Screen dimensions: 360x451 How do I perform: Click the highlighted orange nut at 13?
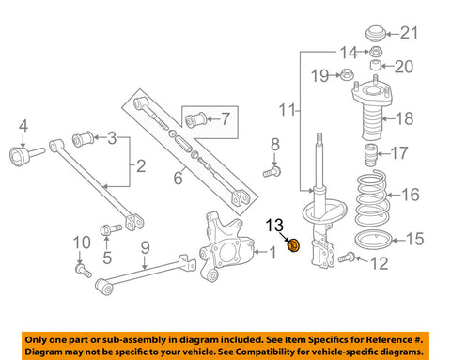(x=292, y=246)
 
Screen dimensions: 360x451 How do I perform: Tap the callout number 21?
(x=406, y=35)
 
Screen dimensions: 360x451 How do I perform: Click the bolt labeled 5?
(x=106, y=227)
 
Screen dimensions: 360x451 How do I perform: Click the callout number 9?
(x=145, y=248)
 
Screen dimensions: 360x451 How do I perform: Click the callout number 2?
(x=140, y=167)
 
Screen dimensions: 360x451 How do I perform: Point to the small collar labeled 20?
(x=374, y=66)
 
